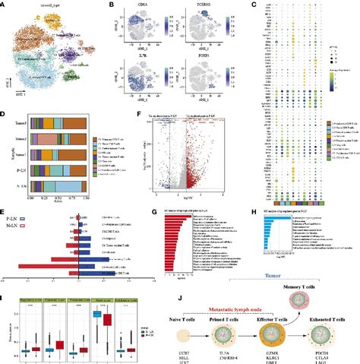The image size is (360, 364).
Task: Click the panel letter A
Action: point(5,5)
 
